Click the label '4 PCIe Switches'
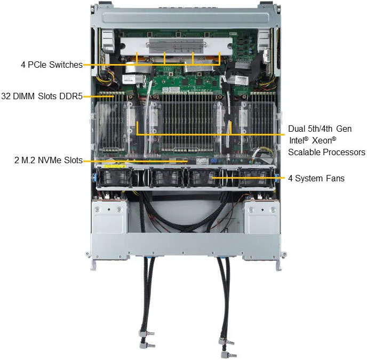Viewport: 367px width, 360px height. point(52,65)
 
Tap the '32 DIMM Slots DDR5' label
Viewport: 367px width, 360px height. point(42,96)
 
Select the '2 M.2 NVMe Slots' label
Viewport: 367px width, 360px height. point(49,160)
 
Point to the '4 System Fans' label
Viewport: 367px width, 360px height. point(316,178)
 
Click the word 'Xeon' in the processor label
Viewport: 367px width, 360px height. point(324,140)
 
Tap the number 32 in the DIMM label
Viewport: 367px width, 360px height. point(6,96)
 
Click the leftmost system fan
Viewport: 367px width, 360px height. point(115,178)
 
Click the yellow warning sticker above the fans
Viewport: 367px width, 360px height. point(115,166)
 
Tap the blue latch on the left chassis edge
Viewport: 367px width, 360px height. point(94,178)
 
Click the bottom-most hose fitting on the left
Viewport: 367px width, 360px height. point(147,345)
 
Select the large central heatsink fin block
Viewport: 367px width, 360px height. point(188,122)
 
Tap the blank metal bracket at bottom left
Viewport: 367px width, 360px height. point(109,217)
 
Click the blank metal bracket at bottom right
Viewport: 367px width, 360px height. point(261,217)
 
